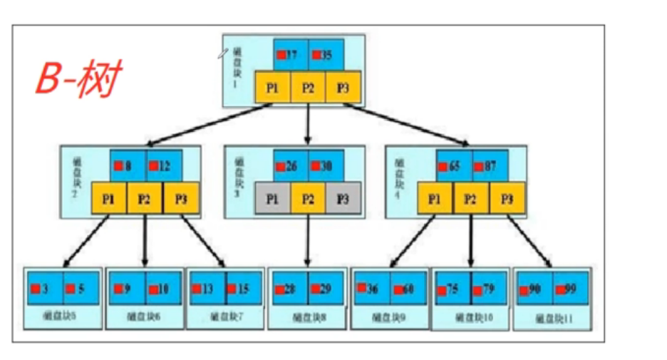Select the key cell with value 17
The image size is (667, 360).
coord(291,55)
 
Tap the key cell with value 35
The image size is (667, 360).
coord(326,55)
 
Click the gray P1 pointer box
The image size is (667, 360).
coord(272,199)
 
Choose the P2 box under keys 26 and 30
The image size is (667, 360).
coord(308,199)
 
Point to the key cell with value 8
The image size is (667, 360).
coord(128,165)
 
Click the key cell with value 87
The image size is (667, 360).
coord(490,165)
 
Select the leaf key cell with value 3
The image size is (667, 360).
coord(44,289)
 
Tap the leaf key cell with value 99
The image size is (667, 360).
coord(571,289)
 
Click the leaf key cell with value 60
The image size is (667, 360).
coord(408,289)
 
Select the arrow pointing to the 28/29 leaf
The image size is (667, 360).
coord(307,242)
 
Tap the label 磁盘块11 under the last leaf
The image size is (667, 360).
coord(554,320)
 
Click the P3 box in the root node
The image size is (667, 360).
coord(343,88)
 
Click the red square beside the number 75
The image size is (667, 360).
coord(443,289)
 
